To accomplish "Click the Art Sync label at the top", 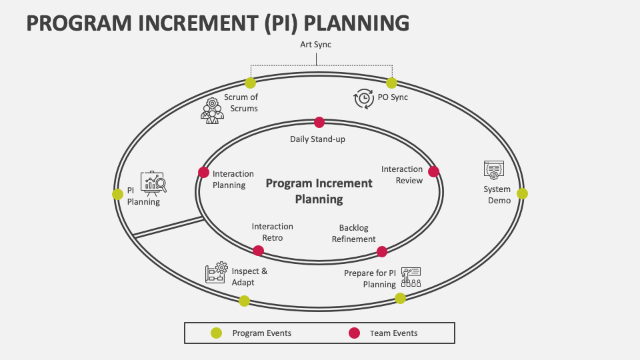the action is (315, 45).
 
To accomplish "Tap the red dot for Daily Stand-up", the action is (319, 122).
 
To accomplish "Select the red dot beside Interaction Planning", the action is (204, 172).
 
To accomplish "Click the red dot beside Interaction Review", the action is (433, 171).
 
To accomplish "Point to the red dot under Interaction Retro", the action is (258, 251).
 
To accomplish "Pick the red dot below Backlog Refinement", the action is (381, 251).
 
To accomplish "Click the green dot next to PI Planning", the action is (117, 194).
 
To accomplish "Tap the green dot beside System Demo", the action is (522, 193).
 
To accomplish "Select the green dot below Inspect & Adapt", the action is (244, 301).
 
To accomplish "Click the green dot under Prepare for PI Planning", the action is (401, 299).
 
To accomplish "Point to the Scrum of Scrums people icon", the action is (212, 111).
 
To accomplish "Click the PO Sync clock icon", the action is (364, 99).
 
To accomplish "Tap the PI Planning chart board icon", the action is (153, 183).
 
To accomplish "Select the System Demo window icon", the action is (494, 170).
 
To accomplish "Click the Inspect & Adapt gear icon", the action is (216, 272).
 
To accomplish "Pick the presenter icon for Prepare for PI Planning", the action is (411, 277).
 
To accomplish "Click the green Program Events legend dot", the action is (216, 333).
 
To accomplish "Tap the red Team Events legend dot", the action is (354, 333).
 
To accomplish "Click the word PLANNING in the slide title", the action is (356, 23).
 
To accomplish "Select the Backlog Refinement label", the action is (353, 233).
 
